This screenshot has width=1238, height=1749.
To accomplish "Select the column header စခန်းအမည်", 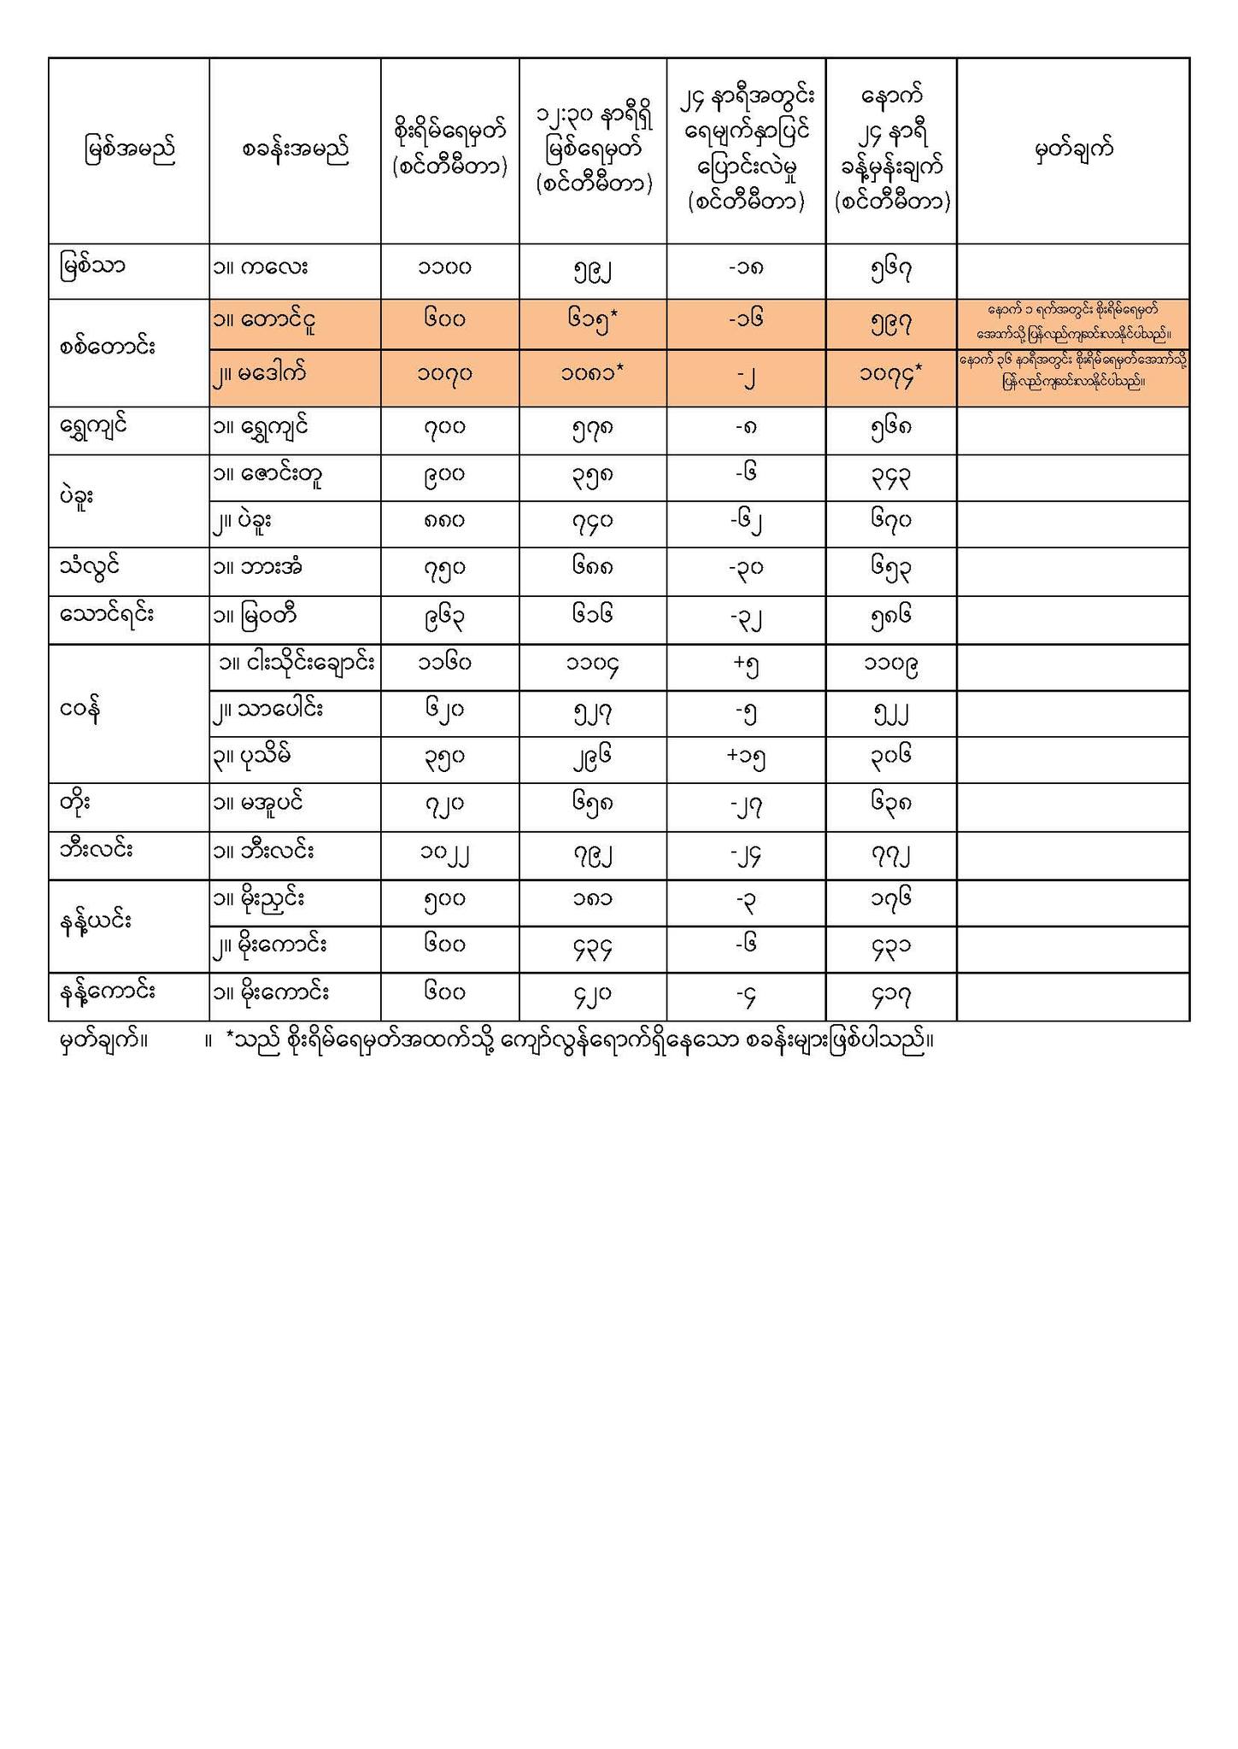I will click(296, 150).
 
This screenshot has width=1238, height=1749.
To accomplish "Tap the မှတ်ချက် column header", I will click(1073, 150).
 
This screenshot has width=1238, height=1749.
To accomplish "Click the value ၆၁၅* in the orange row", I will click(593, 321).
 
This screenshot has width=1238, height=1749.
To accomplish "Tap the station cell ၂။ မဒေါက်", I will click(260, 373).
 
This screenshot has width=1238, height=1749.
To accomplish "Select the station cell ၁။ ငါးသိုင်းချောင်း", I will click(296, 664).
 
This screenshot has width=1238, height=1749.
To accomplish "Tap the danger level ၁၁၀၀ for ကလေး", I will click(450, 267).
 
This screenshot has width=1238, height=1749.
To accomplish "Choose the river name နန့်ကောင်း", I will click(108, 992).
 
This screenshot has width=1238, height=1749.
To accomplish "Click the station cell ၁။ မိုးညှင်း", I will click(260, 899).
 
